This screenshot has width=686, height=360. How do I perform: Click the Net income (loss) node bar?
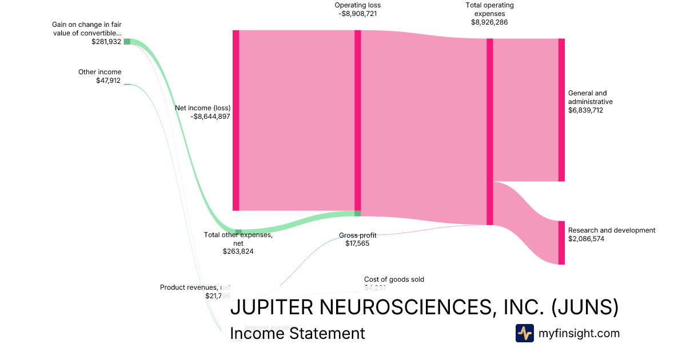[x=236, y=120]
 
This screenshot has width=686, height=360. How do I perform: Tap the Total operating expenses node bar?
[x=489, y=131]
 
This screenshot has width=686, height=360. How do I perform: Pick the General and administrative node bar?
[x=561, y=110]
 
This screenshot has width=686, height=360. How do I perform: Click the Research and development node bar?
[x=561, y=243]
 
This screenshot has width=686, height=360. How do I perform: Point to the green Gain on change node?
[x=127, y=41]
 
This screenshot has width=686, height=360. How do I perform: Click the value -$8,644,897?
[x=211, y=116]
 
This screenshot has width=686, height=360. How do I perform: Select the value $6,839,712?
[x=585, y=110]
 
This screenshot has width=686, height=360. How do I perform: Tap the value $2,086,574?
[x=586, y=239]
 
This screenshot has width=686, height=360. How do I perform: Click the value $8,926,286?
[x=489, y=22]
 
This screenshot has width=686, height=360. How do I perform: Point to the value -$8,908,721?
[x=358, y=14]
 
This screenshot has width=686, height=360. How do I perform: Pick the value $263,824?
[x=238, y=251]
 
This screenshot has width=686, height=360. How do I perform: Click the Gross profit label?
[x=358, y=235]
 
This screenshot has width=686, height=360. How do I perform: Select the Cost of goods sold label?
[x=394, y=279]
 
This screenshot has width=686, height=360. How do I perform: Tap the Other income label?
[x=99, y=72]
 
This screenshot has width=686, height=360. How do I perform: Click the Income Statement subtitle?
[x=297, y=333]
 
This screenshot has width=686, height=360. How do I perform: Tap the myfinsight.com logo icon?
[x=524, y=333]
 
